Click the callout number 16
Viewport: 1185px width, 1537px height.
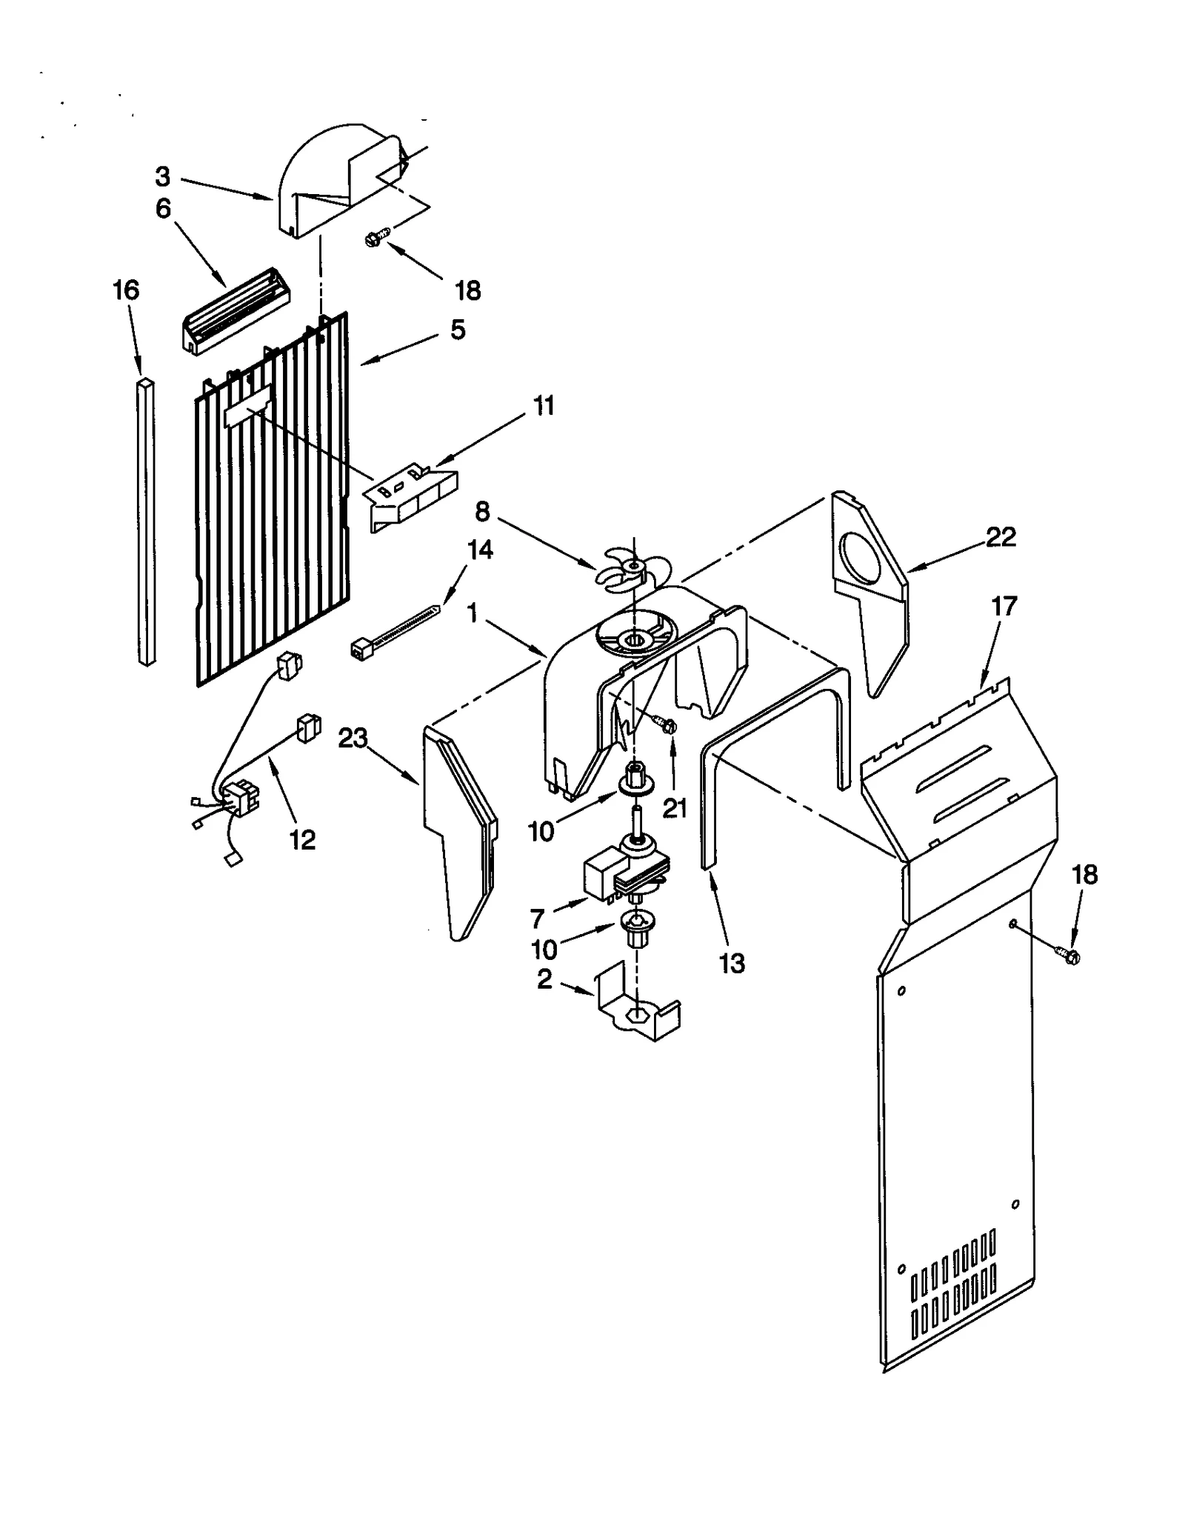tap(126, 290)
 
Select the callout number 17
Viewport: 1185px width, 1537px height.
tap(1004, 607)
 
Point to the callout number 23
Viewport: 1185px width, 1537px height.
tap(353, 739)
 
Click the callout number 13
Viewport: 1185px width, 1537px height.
tap(732, 964)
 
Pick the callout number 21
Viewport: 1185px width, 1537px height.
tap(674, 808)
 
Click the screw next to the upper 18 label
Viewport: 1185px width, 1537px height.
tap(375, 239)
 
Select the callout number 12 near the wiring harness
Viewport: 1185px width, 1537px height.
tap(302, 839)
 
